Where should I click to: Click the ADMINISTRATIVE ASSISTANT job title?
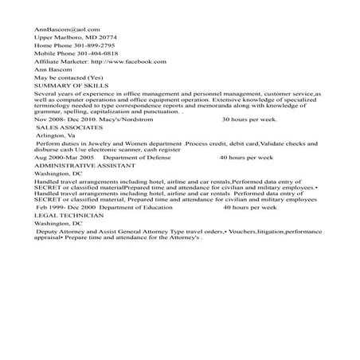[x=82, y=167]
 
